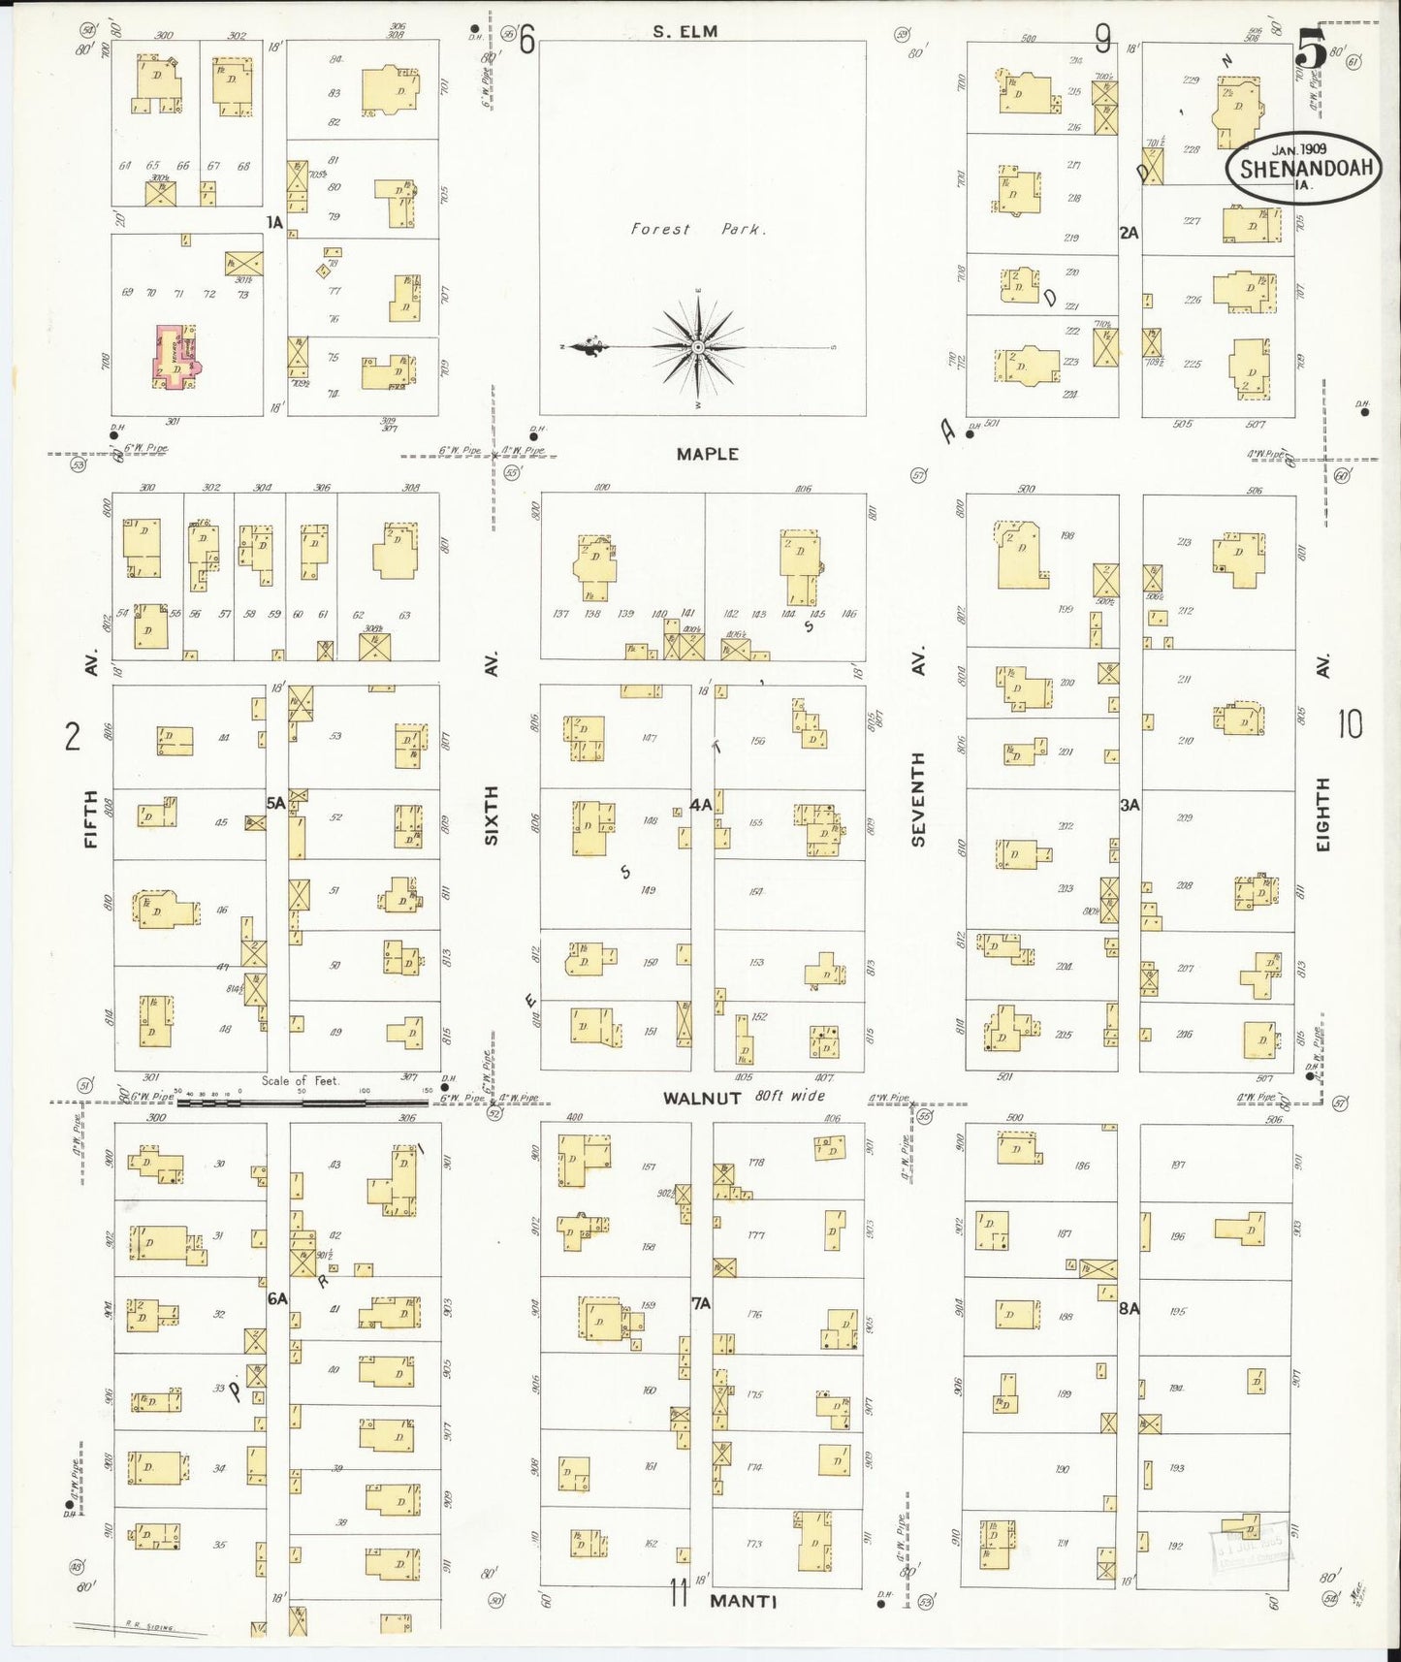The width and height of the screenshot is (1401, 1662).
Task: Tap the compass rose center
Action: pos(698,346)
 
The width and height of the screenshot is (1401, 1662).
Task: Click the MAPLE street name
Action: pos(708,454)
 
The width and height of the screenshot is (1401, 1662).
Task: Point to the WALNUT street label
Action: pos(702,1098)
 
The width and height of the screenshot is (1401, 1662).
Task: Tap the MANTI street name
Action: pos(743,1601)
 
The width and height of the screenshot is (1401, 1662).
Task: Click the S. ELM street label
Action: pos(685,32)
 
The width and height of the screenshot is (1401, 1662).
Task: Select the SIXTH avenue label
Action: pos(492,815)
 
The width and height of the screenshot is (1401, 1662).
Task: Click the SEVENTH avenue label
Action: pos(918,798)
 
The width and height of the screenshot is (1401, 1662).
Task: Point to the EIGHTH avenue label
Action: pos(1323,815)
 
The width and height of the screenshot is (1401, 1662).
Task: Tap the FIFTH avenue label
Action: pos(91,819)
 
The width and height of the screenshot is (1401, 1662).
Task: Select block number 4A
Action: pos(701,805)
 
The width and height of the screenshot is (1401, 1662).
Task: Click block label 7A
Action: pos(701,1304)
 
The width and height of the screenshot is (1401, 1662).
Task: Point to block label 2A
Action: pos(1129,233)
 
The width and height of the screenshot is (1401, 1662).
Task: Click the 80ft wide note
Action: pos(790,1096)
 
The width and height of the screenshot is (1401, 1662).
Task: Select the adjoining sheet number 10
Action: pos(1350,723)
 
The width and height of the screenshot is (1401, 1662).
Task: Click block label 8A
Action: pos(1129,1308)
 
